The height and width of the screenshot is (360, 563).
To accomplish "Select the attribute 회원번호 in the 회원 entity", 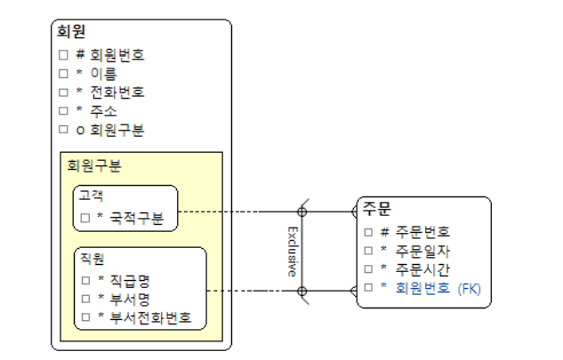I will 117,55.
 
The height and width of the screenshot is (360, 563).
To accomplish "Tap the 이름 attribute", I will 102,74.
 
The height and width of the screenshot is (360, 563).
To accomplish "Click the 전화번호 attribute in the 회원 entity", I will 117,92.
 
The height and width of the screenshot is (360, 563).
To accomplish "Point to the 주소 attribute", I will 102,111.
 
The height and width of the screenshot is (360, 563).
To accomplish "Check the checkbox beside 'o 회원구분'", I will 63,130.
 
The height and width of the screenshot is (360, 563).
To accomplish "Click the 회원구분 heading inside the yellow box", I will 94,165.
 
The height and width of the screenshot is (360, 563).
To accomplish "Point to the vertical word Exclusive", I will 292,252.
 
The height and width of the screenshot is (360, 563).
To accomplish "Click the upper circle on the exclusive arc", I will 302,212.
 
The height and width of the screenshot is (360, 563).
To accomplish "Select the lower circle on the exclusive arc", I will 302,291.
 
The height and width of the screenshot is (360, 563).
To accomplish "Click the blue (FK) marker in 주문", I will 468,287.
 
